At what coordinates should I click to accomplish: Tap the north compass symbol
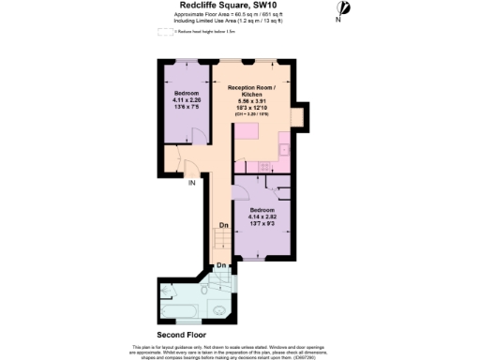click(x=343, y=8)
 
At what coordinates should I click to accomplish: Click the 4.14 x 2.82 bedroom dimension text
click(x=262, y=217)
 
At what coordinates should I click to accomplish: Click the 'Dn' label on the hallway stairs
click(x=223, y=226)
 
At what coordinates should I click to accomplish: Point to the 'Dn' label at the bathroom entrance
click(x=220, y=266)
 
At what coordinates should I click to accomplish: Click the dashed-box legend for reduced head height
click(x=165, y=31)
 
